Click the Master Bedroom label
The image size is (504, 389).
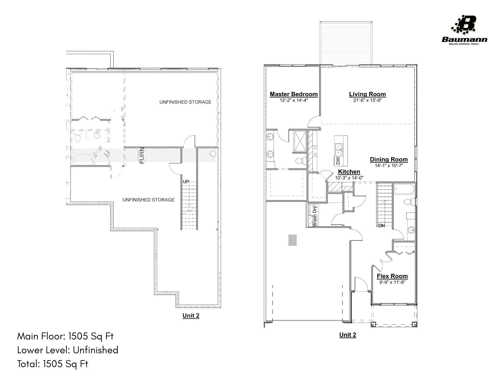click(294, 94)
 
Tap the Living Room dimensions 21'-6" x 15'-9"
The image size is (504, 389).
click(367, 100)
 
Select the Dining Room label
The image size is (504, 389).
click(389, 159)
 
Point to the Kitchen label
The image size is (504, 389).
click(349, 172)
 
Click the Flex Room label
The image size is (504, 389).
click(392, 276)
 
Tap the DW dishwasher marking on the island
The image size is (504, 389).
click(338, 161)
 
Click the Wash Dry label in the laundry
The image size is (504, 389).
click(314, 216)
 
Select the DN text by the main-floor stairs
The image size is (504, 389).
click(381, 226)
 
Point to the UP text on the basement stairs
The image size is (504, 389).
click(186, 182)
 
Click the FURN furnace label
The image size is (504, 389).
click(142, 155)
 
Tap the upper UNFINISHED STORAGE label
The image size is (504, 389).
click(185, 102)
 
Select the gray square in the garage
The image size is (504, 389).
click(292, 240)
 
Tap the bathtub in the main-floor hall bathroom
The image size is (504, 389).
click(404, 189)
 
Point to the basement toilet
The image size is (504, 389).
click(78, 137)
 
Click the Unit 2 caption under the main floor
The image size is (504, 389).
click(348, 335)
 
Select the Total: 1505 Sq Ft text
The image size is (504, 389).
click(53, 364)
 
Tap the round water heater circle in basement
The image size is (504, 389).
click(213, 153)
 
